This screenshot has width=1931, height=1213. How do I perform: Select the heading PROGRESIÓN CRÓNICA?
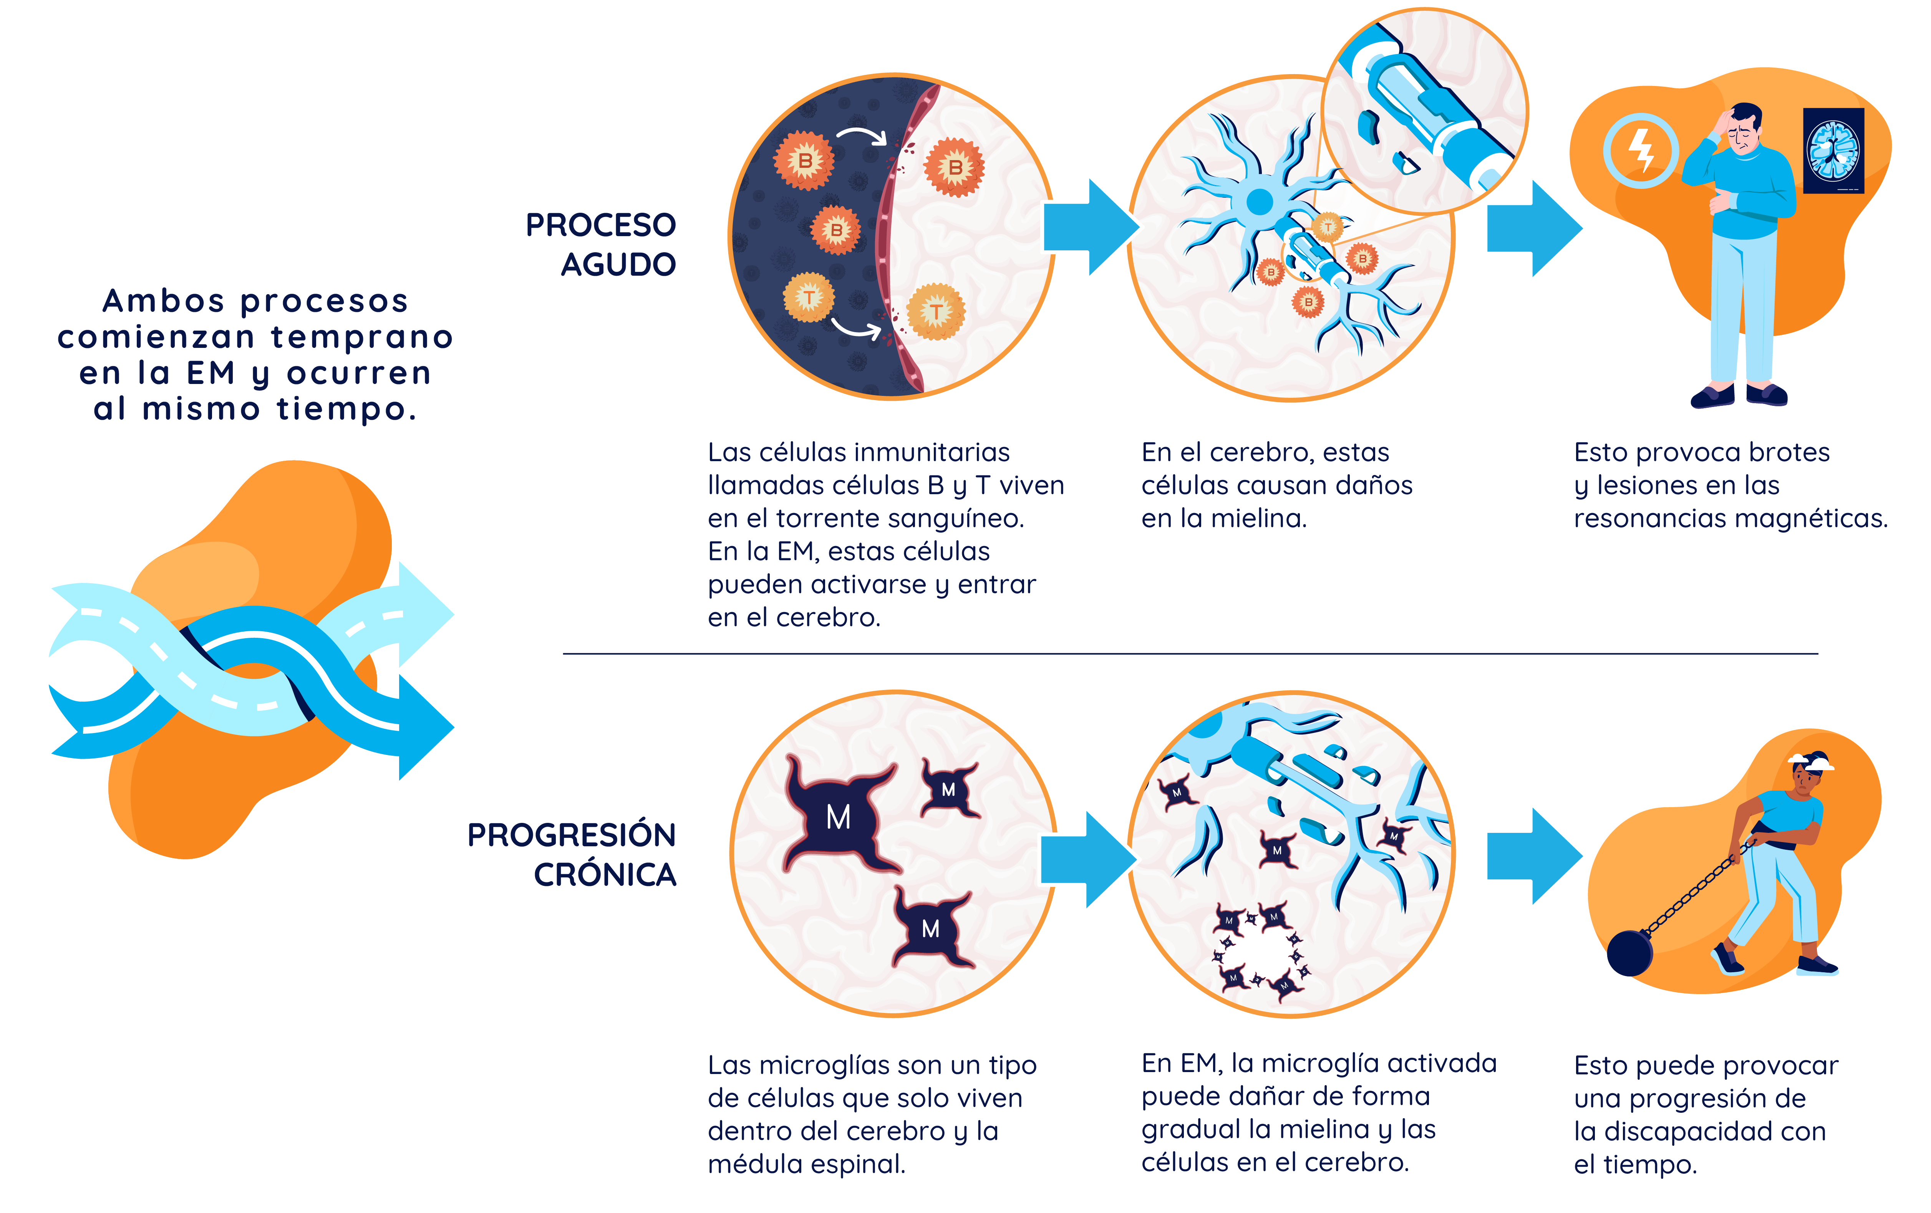572,854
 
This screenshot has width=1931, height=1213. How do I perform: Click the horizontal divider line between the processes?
1190,654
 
